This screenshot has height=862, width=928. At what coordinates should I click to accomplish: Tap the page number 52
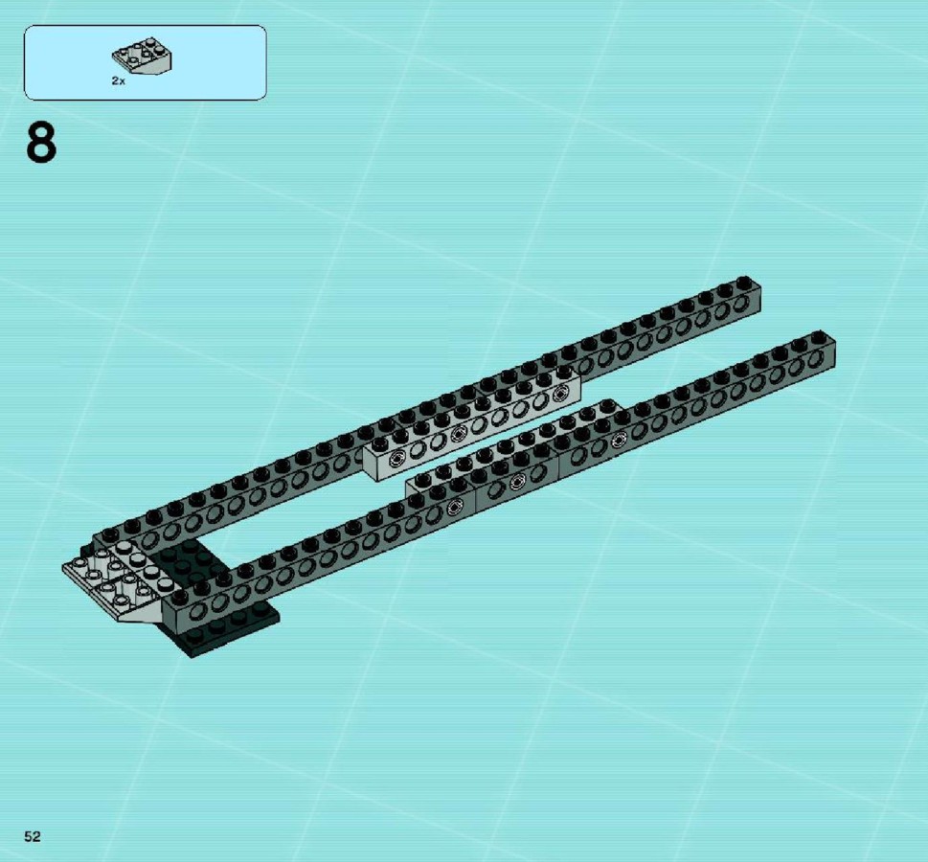point(33,836)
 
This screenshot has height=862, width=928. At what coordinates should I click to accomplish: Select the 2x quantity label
point(119,81)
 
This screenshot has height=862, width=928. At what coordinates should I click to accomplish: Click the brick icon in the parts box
point(142,57)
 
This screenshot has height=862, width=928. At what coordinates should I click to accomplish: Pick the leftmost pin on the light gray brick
point(396,458)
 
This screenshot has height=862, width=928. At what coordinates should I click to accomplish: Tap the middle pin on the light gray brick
point(458,435)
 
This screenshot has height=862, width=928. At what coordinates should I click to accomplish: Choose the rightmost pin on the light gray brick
point(558,393)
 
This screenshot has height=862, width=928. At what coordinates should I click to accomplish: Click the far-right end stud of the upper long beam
point(744,282)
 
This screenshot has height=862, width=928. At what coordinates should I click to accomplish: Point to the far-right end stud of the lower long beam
point(819,336)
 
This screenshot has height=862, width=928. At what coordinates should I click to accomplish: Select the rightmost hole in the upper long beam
point(741,305)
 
